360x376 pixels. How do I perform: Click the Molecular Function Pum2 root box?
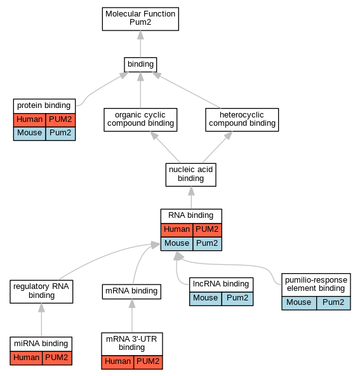coord(140,19)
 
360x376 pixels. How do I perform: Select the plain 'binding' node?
coord(140,65)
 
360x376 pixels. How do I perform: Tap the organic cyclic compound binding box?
coord(140,119)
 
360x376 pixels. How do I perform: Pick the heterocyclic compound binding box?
coord(242,119)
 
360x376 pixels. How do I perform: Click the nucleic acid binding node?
coord(190,175)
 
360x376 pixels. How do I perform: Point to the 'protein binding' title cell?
coord(44,106)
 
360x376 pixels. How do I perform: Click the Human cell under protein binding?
coord(29,120)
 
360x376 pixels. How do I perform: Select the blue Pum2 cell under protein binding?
coord(60,133)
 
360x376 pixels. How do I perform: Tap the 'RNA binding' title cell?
coord(191,216)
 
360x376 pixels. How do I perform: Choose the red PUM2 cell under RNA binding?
coord(208,230)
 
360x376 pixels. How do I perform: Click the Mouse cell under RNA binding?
coord(177,244)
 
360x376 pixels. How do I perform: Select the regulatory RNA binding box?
coord(41,292)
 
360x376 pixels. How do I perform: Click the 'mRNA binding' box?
coord(131,292)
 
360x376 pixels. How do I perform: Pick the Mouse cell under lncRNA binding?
coord(206,299)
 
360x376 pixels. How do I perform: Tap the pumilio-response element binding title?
coord(316,285)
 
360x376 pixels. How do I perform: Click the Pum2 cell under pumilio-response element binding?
coord(333,303)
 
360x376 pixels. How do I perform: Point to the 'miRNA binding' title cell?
coord(41,344)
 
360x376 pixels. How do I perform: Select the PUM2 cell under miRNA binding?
coord(57,358)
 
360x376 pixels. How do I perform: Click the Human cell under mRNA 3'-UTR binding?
coord(117,362)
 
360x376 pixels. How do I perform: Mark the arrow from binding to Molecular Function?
coord(140,44)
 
